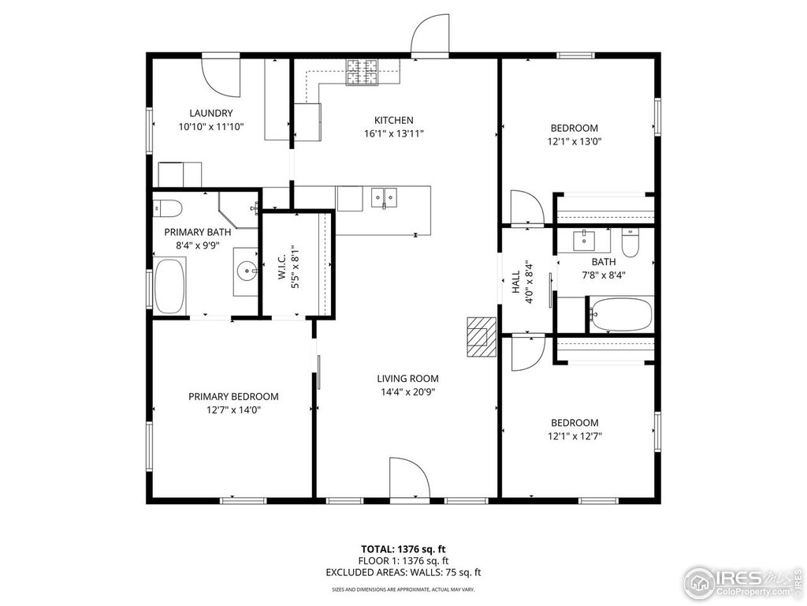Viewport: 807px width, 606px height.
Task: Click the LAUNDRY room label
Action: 210,113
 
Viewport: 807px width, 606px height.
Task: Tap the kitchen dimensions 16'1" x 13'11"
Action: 393,133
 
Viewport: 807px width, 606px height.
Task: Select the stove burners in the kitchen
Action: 363,75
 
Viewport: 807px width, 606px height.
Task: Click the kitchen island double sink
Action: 385,196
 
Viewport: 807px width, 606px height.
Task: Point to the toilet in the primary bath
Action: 168,208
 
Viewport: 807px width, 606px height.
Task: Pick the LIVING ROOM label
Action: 407,378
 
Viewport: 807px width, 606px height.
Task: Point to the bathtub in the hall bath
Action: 621,315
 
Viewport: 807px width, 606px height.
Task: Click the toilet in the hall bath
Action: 630,243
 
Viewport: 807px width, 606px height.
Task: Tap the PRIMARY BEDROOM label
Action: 233,397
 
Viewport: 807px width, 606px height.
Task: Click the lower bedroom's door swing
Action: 526,352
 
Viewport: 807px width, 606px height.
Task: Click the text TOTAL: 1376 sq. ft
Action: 403,548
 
